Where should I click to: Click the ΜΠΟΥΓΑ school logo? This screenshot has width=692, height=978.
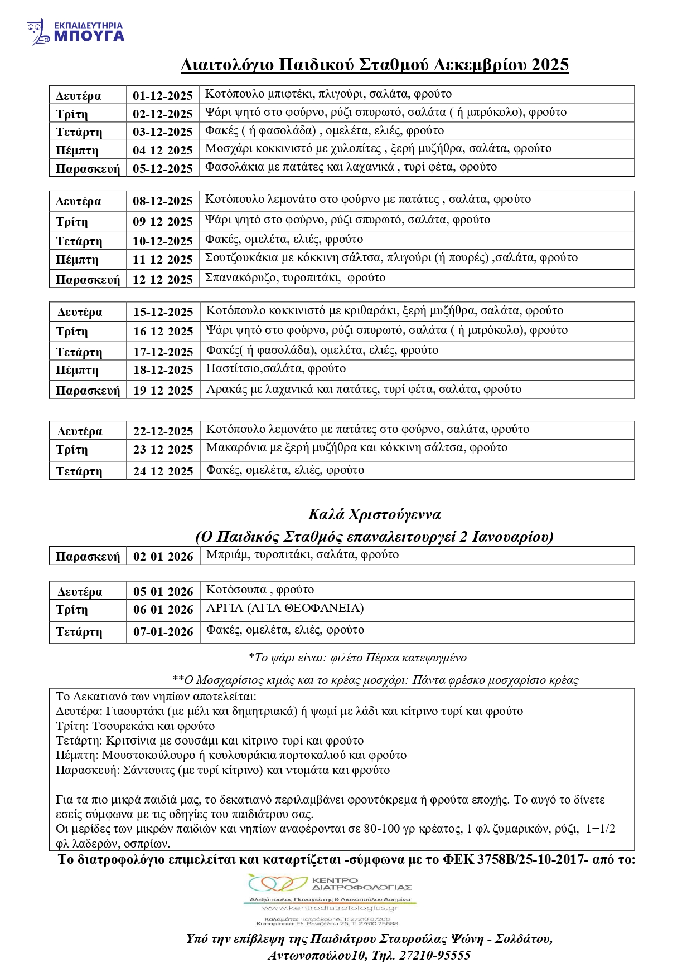[75, 32]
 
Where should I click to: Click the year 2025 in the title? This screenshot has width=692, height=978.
[549, 65]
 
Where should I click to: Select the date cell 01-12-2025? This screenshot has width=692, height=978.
[162, 96]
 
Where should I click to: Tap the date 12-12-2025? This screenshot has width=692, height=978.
[162, 280]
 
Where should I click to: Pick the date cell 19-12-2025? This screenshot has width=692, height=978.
[163, 391]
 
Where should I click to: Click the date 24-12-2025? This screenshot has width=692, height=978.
[163, 471]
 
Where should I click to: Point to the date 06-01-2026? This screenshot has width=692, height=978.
[163, 610]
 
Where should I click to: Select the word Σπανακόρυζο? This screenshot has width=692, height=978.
[240, 278]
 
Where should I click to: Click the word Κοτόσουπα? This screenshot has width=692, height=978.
[236, 590]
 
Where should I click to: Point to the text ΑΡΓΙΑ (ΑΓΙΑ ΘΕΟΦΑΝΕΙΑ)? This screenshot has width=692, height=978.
[285, 609]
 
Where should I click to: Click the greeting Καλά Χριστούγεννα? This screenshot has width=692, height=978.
[374, 514]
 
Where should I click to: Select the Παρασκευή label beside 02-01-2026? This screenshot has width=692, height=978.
[88, 557]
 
